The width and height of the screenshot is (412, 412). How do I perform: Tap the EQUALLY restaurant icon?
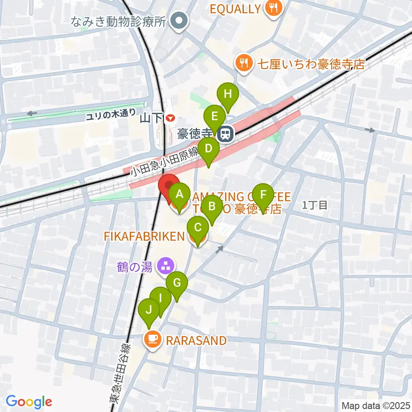coord(273,8)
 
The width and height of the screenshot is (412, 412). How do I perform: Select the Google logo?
coord(28,401)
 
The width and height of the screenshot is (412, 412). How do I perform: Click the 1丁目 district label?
coord(315,205)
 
